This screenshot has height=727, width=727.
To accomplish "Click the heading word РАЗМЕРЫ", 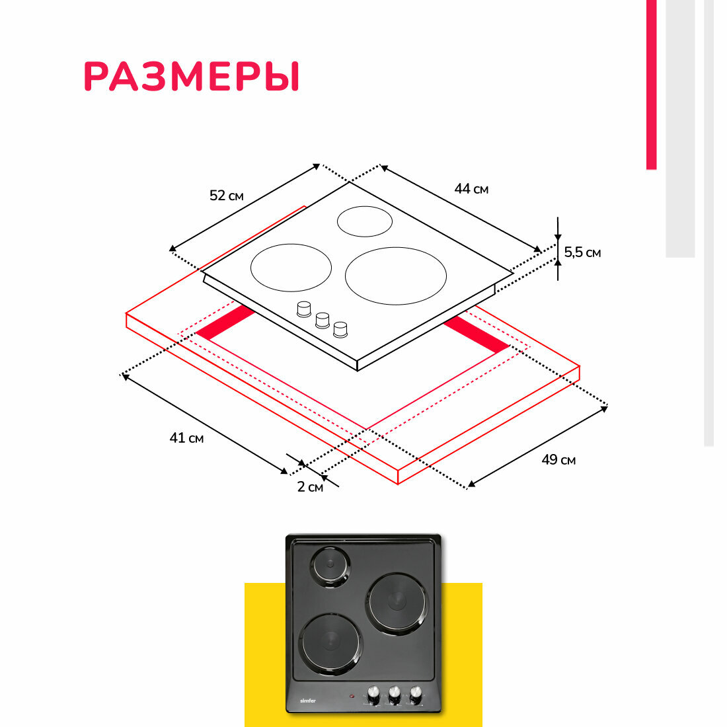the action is pyautogui.click(x=192, y=77).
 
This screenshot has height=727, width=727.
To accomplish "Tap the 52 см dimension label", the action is pyautogui.click(x=226, y=196).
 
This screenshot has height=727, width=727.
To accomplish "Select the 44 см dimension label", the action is pyautogui.click(x=471, y=189).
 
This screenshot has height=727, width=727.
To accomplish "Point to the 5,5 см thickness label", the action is pyautogui.click(x=582, y=252).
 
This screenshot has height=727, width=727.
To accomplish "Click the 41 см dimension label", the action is pyautogui.click(x=186, y=438).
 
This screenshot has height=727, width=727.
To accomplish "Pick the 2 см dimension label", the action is pyautogui.click(x=310, y=487).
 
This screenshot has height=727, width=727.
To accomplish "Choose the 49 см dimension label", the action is pyautogui.click(x=558, y=459).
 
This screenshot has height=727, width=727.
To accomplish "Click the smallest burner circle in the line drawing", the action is pyautogui.click(x=364, y=221).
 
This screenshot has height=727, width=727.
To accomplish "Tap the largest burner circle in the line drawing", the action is pyautogui.click(x=395, y=276).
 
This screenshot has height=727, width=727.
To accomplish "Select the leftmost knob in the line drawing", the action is pyautogui.click(x=304, y=309).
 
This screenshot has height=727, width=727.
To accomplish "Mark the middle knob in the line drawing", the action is pyautogui.click(x=323, y=319).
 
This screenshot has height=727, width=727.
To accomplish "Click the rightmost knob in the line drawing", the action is pyautogui.click(x=340, y=328).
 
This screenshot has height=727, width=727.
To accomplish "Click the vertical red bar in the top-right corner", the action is pyautogui.click(x=651, y=85).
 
